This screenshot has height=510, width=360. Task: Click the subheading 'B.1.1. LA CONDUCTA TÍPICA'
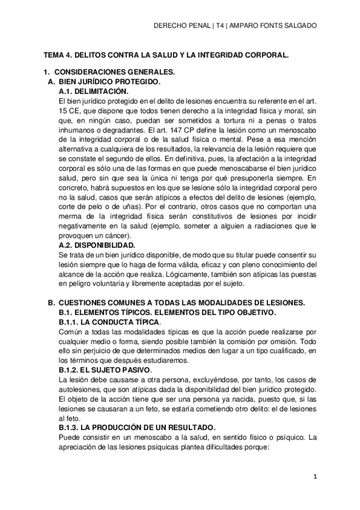pos(109,322)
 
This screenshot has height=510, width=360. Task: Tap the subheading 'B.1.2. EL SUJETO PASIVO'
pos(105,367)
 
